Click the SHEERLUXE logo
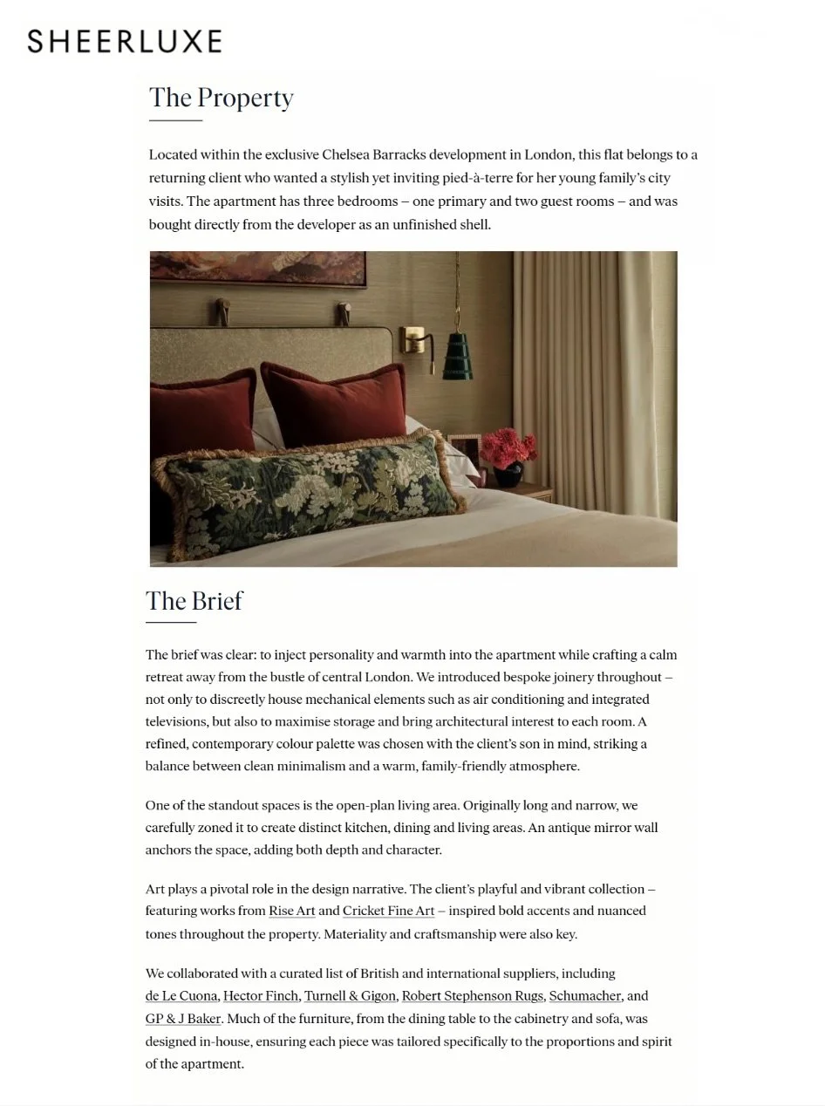point(125,41)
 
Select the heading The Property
point(221,98)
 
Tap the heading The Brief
point(194,601)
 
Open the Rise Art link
point(291,911)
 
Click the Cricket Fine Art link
point(388,911)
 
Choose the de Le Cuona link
point(181,996)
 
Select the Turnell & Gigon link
point(349,996)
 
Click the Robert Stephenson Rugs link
point(472,996)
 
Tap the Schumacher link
point(584,996)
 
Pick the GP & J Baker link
point(183,1019)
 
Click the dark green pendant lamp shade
point(457,355)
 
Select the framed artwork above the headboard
point(257,267)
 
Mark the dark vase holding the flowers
point(508,475)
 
